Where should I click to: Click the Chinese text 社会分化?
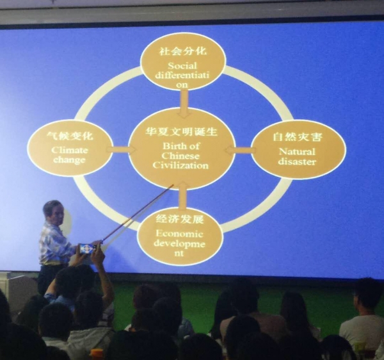click(183, 51)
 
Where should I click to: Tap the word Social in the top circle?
click(182, 66)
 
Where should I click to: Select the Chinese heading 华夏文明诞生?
click(182, 132)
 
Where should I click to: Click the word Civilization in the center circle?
click(180, 165)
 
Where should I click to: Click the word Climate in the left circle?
click(70, 150)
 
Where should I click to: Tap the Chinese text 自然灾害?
click(297, 136)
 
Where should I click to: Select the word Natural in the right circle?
click(297, 152)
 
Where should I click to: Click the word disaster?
click(297, 161)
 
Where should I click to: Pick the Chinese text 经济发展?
click(180, 219)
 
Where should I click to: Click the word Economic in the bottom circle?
click(179, 234)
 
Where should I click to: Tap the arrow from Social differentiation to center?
click(184, 104)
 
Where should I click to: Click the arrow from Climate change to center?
click(121, 150)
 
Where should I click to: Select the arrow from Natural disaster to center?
click(241, 150)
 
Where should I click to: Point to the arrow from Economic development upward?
click(183, 195)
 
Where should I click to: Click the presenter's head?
click(53, 212)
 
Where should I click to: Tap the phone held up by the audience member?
click(87, 248)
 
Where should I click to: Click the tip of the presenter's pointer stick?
click(173, 184)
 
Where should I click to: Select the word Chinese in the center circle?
click(180, 156)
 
